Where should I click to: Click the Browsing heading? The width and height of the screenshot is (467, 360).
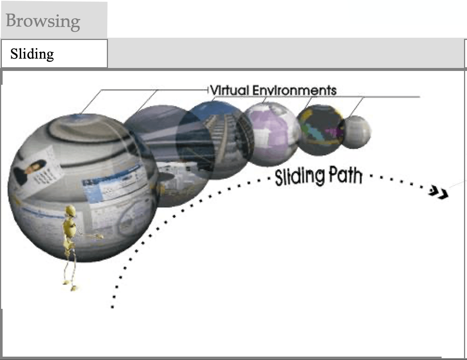(43, 21)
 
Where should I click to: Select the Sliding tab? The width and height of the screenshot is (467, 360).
(32, 54)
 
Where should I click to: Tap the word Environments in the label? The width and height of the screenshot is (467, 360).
(294, 90)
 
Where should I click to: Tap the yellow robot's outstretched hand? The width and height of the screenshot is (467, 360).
(99, 236)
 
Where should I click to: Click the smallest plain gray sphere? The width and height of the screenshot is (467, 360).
(357, 132)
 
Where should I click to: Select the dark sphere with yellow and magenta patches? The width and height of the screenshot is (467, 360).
(321, 130)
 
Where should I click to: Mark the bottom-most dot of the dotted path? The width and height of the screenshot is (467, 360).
(112, 307)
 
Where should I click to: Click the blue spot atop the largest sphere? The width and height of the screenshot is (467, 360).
(78, 117)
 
